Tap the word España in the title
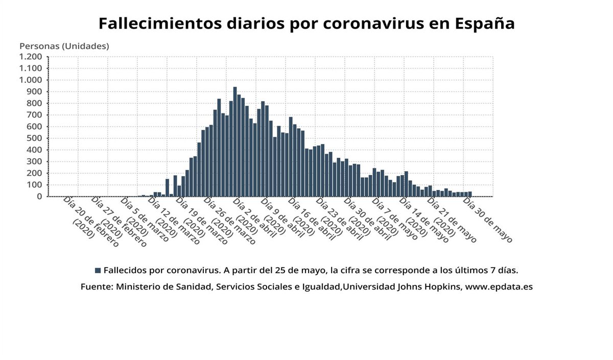[x=484, y=23]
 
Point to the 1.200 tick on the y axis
[x=31, y=57]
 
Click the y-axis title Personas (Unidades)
[x=64, y=46]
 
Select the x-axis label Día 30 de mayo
[x=487, y=220]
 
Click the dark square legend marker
[x=98, y=270]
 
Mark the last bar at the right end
[x=469, y=194]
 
